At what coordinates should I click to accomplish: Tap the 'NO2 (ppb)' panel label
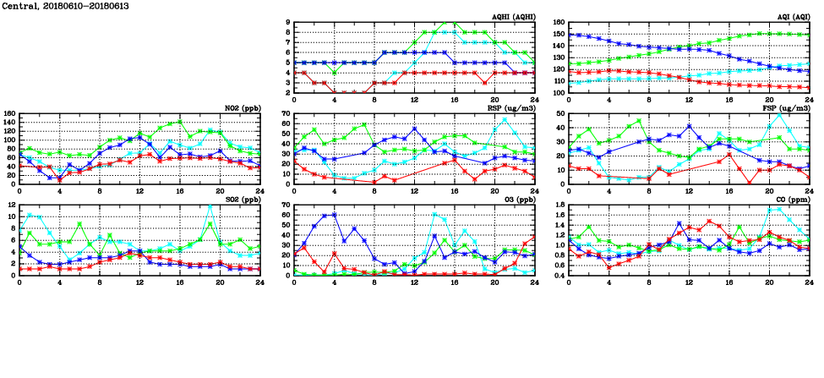pos(243,108)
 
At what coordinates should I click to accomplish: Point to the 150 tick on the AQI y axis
pos(557,35)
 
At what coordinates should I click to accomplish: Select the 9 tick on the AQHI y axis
pos(287,23)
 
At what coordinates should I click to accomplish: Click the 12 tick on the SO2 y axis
pos(11,205)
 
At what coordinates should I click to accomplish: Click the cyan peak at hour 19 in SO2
pos(210,205)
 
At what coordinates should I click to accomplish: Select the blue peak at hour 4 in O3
pos(335,214)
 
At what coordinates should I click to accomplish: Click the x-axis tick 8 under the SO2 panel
pos(100,282)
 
